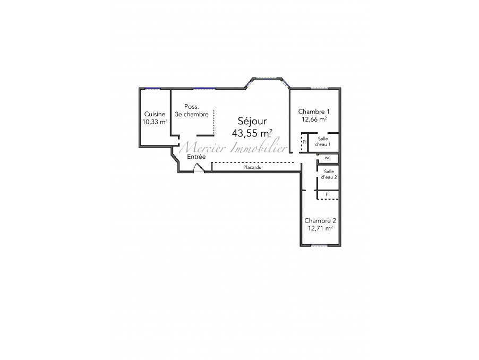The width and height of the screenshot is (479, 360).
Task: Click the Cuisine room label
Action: (x=155, y=114)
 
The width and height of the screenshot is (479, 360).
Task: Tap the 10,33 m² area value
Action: (x=155, y=122)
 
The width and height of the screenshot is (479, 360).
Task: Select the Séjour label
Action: (x=252, y=122)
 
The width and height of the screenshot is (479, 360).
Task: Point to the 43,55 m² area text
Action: (x=252, y=133)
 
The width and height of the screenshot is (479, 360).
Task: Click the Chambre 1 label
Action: (x=314, y=112)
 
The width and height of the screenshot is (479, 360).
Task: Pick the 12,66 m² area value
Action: (x=314, y=119)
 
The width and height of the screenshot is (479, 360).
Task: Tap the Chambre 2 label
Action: (x=320, y=220)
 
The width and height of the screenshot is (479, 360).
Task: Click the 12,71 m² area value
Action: (x=320, y=228)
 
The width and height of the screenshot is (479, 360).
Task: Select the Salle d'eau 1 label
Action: (x=322, y=142)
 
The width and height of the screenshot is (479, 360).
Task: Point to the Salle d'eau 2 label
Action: (x=329, y=174)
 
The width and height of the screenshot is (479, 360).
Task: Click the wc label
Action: (x=328, y=158)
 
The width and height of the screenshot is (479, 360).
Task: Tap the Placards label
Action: (x=252, y=167)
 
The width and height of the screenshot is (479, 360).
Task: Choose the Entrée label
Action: (x=196, y=157)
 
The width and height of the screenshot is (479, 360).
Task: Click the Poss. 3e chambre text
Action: (x=192, y=110)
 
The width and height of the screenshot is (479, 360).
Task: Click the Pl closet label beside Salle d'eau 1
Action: (x=304, y=142)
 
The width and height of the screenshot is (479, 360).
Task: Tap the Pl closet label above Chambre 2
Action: (x=328, y=194)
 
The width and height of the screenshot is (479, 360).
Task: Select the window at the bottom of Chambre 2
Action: (x=319, y=245)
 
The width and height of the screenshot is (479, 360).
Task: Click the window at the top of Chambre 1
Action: (x=320, y=89)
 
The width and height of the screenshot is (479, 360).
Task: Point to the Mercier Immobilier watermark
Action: (x=233, y=148)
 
